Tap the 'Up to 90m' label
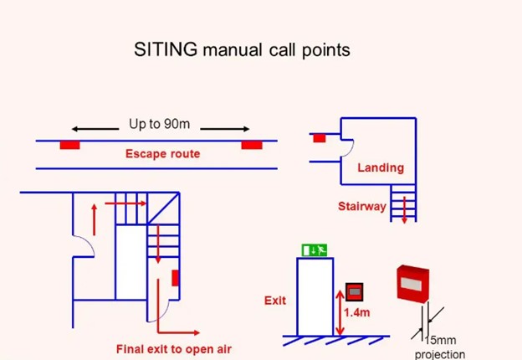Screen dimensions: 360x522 159,125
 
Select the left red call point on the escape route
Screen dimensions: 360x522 69,145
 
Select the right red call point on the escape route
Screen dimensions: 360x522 252,145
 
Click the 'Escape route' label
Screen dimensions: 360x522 162,154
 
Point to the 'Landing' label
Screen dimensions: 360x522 381,168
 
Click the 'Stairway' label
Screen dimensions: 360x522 362,206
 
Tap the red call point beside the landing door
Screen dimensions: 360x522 319,138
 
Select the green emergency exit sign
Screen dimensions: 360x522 315,249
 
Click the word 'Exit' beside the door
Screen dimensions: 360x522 275,299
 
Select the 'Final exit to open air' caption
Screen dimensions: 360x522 173,348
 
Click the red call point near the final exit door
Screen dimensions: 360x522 175,277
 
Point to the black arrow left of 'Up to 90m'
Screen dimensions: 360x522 94,129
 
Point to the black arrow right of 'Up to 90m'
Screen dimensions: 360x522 224,129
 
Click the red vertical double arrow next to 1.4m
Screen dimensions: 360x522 339,311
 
